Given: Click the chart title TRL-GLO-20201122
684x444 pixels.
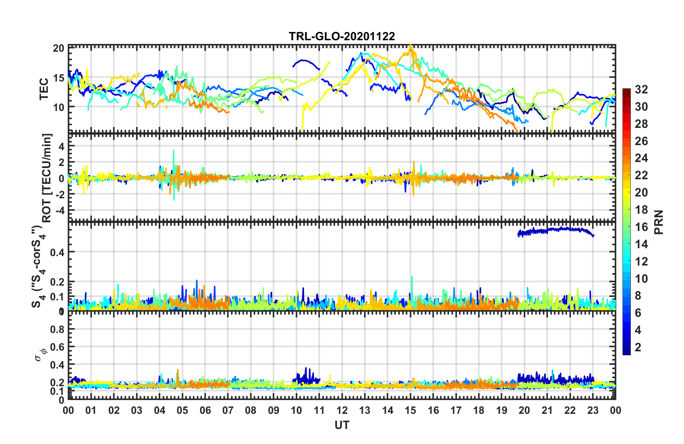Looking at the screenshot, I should [342, 36].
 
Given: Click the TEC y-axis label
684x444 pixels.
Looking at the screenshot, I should [44, 89].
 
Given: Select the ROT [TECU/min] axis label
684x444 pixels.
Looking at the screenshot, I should [47, 178].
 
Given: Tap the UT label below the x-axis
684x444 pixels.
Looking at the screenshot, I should [342, 425].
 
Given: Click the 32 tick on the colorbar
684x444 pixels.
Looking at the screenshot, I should [641, 89].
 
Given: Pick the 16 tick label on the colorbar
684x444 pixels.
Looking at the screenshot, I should [641, 227].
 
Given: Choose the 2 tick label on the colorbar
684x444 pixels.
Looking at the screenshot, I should [638, 347].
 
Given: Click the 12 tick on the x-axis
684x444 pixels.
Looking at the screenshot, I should [342, 410].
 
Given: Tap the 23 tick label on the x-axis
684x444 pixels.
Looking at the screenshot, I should [593, 410].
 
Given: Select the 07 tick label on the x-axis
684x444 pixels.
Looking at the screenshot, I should [228, 410].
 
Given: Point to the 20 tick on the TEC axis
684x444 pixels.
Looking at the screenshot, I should [59, 48].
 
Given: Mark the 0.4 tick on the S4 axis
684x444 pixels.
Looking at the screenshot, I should [58, 252].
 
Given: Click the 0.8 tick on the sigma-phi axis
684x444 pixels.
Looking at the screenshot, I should [58, 329].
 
